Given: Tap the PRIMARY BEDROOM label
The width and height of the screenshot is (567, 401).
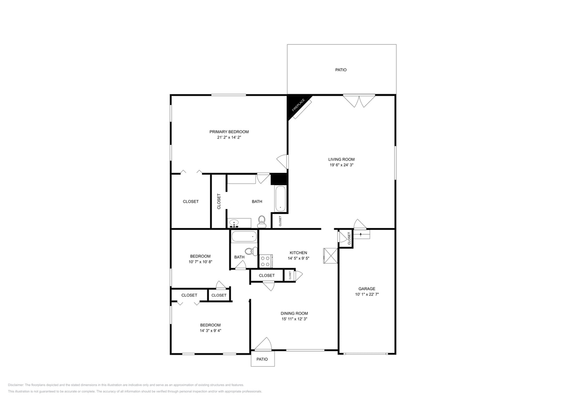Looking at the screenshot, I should (x=229, y=132).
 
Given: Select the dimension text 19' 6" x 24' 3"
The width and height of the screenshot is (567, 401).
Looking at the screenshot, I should (x=341, y=165).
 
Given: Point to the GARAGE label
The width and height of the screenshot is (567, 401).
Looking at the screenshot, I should (x=367, y=289).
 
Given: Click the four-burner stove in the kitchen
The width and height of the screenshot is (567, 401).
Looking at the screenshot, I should (x=266, y=261).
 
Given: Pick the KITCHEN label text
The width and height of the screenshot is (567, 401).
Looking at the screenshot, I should (x=298, y=253).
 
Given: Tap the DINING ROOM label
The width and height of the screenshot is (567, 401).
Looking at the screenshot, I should (x=294, y=313).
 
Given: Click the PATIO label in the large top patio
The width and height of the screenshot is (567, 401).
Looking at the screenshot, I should (x=341, y=70).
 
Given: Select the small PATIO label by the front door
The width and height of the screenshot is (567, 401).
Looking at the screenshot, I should (x=262, y=359).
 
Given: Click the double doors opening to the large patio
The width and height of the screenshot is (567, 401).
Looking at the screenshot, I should (x=359, y=101).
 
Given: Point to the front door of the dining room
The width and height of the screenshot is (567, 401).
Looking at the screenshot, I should (x=263, y=344).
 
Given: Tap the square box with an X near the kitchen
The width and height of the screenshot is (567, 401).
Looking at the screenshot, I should (x=330, y=256).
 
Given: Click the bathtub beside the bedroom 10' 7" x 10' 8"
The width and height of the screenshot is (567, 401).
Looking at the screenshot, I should (x=244, y=237).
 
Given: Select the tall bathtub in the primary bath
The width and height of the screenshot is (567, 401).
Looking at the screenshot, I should (x=280, y=199).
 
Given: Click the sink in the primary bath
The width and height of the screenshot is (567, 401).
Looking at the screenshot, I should (x=234, y=223).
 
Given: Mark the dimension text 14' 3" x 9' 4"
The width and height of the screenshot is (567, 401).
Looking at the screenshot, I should (x=210, y=331).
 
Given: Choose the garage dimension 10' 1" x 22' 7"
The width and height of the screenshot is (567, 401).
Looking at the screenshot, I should (x=367, y=295).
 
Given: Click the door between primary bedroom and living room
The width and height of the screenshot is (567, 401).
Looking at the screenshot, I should (x=283, y=161).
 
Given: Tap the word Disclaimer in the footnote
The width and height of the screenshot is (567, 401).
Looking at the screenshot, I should (x=16, y=385).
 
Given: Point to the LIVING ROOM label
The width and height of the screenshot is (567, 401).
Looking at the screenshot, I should (x=341, y=160).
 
